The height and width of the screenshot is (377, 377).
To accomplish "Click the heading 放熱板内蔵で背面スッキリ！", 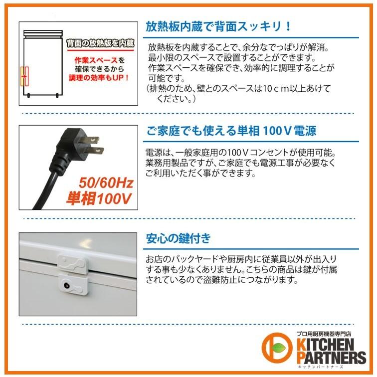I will (218, 26).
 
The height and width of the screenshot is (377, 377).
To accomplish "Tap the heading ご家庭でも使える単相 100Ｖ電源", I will (231, 132).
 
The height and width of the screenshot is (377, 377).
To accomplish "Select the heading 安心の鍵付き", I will (178, 238).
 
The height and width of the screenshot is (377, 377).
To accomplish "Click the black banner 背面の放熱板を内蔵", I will (100, 43).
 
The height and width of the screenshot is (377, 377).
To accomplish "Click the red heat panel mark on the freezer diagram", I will (23, 76).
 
